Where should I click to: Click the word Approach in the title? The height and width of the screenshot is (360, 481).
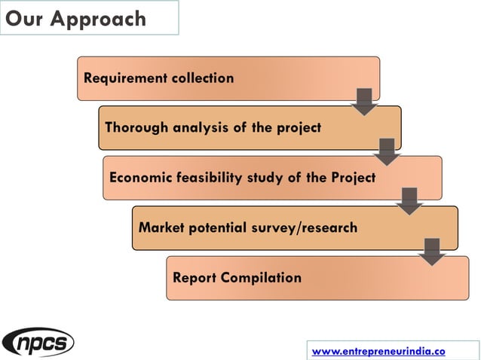pos(99,19)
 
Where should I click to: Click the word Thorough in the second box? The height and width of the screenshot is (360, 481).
pos(136,127)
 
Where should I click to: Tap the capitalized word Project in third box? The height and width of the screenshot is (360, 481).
pos(351,178)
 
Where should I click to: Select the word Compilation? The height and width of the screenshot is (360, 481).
pos(261,278)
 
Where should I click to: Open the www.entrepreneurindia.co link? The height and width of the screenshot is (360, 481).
pos(378,351)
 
